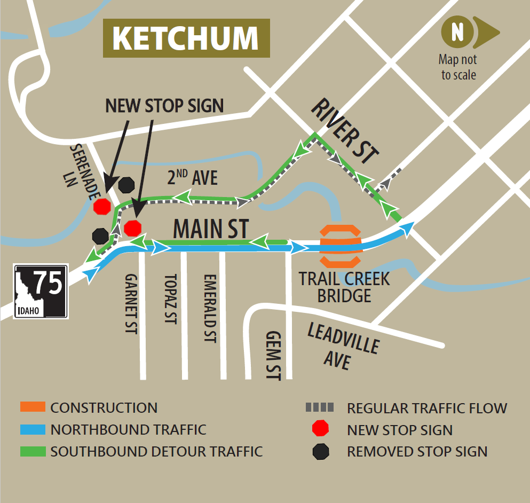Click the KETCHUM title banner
coord(186,38)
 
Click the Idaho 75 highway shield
coord(41,292)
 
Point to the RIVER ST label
coord(345,131)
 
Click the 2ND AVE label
coord(192,177)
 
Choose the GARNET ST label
coord(131,304)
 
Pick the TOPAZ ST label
coord(170,299)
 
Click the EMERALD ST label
coord(209,308)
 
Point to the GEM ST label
coord(273,355)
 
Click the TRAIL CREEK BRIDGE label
coord(344,287)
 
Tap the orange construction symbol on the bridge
coord(341,246)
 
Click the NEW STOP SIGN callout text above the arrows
coord(164,105)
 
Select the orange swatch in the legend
coord(33,408)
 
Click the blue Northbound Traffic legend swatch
coord(33,429)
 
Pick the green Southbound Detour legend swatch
coord(33,451)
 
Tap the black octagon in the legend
coord(321,452)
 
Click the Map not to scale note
coord(458,67)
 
